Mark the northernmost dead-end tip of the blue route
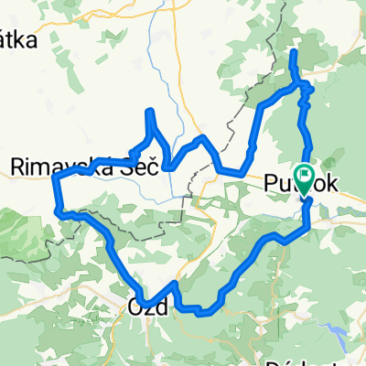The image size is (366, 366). (x=294, y=53)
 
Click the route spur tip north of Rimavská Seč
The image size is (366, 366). (x=150, y=112)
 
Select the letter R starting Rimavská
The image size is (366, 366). (x=16, y=167)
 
